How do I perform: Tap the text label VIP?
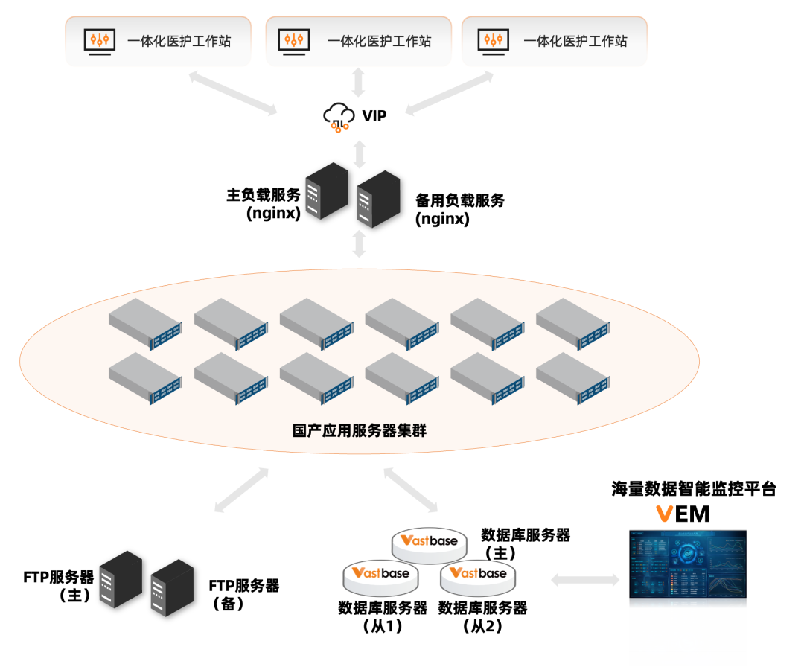(374, 115)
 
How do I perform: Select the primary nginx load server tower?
(326, 191)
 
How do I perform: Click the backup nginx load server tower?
(377, 199)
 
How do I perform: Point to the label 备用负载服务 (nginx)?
(459, 209)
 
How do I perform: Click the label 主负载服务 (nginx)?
(264, 203)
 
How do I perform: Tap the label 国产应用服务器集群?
(360, 430)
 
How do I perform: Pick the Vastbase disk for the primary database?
(430, 543)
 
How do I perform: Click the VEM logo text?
(682, 514)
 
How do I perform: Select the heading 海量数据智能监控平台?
(694, 489)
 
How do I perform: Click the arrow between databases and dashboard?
(584, 579)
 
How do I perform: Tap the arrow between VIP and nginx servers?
(360, 153)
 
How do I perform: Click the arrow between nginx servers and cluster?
(360, 243)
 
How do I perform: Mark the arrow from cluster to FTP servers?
(241, 490)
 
